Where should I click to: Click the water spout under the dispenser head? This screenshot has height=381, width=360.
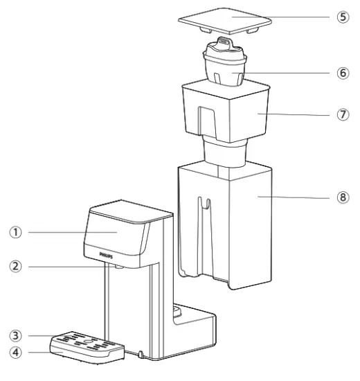click(x=119, y=267)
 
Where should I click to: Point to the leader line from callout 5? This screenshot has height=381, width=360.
click(x=298, y=17)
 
